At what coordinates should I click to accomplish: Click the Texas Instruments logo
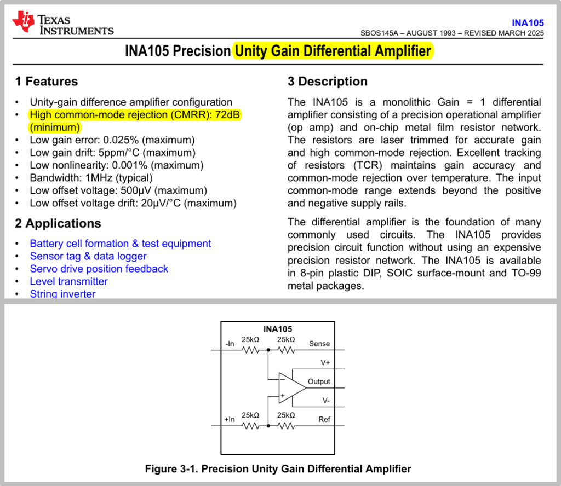(x=63, y=24)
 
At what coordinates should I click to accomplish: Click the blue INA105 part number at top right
(x=528, y=23)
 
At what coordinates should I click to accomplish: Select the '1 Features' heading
(x=47, y=82)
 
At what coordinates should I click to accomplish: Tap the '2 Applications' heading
(x=58, y=223)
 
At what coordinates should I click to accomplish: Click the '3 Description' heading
(x=328, y=82)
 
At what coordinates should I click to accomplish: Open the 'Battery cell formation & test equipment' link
(x=121, y=244)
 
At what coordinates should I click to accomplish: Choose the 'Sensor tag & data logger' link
(x=88, y=256)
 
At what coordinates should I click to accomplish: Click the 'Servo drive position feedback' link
(x=99, y=269)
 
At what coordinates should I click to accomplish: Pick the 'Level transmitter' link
(x=69, y=281)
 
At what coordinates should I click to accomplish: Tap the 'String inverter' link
(x=62, y=294)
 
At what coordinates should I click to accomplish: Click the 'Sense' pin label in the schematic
(x=319, y=344)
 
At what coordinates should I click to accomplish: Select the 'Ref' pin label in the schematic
(x=324, y=419)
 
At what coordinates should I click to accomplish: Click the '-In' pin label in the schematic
(x=230, y=344)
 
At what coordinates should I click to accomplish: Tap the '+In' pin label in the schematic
(x=230, y=419)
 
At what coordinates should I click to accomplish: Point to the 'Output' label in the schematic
(x=319, y=381)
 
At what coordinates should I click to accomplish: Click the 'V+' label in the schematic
(x=325, y=362)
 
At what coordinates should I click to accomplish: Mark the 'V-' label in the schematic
(x=325, y=400)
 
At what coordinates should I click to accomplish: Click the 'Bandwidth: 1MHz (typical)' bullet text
(x=91, y=178)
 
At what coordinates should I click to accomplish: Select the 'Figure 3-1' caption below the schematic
(x=278, y=469)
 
